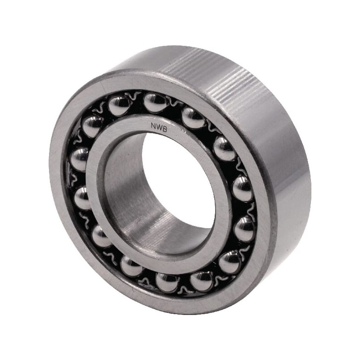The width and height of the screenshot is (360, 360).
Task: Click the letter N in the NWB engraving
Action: tap(153, 126)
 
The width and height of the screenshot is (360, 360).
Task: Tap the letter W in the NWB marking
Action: tap(159, 127)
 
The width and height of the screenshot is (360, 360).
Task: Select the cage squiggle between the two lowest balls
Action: tap(185, 289)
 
